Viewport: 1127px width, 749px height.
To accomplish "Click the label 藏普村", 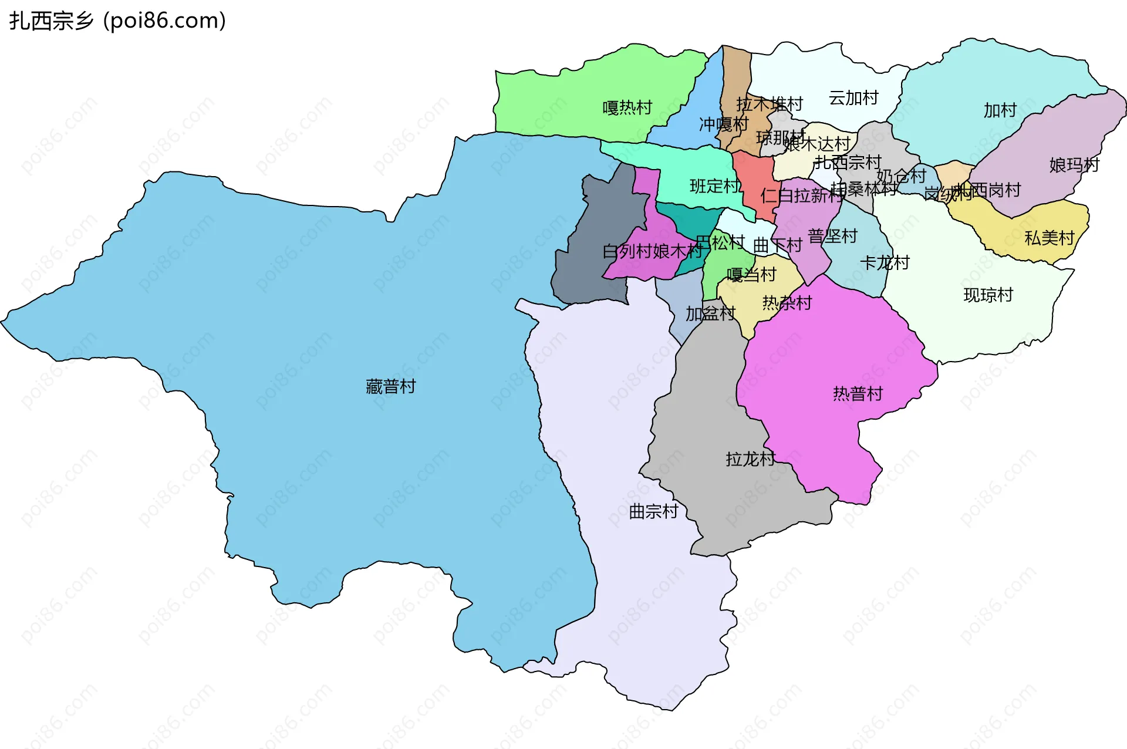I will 390,386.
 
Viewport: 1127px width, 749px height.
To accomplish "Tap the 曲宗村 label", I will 653,512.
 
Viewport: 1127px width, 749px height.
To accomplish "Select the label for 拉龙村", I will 750,459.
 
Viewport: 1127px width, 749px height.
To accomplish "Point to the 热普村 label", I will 858,394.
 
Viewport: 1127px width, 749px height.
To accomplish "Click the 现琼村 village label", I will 988,295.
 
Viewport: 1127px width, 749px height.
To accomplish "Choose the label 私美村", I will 1050,238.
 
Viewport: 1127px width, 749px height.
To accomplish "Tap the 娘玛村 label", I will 1074,165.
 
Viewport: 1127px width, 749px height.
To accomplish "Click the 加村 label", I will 1000,110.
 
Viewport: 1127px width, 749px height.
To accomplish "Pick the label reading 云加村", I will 853,98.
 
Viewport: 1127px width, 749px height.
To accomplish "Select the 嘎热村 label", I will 627,107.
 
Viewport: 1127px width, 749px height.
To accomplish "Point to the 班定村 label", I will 714,186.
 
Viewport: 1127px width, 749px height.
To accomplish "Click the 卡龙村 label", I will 885,262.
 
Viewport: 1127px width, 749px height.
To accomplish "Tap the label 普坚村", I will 833,236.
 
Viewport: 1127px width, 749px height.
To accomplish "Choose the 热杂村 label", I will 787,303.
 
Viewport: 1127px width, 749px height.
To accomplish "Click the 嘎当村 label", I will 751,275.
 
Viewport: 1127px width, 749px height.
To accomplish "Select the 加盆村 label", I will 710,314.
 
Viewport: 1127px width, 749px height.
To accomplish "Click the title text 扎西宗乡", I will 52,21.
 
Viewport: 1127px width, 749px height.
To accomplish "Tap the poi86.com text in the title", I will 164,21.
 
